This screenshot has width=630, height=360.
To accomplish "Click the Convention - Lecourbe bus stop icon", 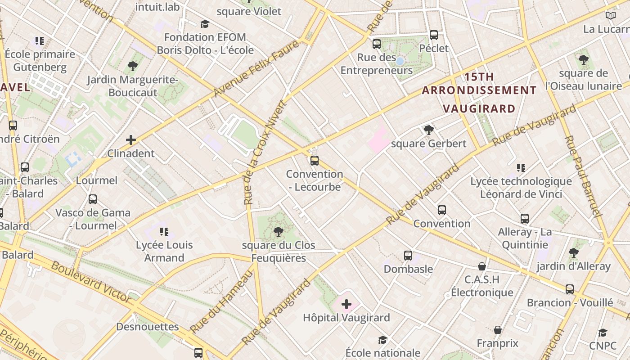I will [x=315, y=160].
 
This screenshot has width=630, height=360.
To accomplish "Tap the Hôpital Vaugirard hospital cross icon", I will [x=346, y=304].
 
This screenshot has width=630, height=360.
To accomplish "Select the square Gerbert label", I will [x=429, y=144].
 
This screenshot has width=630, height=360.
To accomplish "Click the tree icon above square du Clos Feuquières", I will [x=279, y=232].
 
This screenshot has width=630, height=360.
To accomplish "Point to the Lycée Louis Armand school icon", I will [x=164, y=232].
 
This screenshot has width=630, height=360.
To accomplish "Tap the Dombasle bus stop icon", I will [x=408, y=256].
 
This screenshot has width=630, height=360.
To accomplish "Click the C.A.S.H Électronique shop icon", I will [x=482, y=266].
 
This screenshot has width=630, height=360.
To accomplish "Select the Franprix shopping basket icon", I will [x=498, y=330].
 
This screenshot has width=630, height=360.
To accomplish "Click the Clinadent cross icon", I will [x=131, y=140].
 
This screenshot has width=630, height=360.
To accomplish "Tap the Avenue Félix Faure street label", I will [x=256, y=68].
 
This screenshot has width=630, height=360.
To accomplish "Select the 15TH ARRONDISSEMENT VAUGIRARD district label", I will [x=479, y=93].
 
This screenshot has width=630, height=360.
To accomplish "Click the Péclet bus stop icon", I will [x=434, y=35].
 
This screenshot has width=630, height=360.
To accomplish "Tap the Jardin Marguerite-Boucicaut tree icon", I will [x=133, y=67].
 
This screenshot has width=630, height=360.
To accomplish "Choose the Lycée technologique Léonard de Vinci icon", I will [x=521, y=168].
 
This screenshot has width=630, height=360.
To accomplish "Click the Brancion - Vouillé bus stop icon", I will [x=570, y=289].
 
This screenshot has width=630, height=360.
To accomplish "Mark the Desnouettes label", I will [x=148, y=327].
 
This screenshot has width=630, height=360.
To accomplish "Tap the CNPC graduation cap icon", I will [x=603, y=333].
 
